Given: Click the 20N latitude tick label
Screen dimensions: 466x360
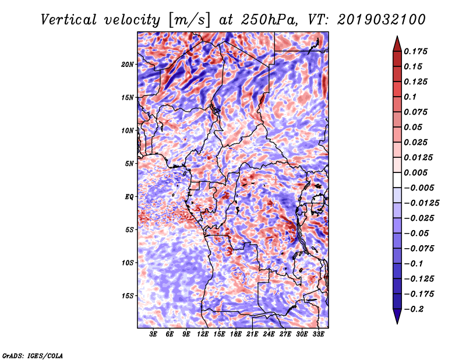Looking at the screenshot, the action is (x=128, y=65).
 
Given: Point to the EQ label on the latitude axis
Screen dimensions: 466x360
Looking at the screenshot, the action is (x=129, y=197).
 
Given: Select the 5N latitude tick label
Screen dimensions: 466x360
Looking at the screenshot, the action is (x=129, y=164).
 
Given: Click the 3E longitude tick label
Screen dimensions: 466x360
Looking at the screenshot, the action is (x=153, y=334).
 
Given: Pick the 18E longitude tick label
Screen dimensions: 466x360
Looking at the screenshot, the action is (x=236, y=334).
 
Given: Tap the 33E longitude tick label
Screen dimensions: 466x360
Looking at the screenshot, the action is (x=318, y=334).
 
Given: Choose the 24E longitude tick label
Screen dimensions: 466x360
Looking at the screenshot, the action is (x=269, y=334).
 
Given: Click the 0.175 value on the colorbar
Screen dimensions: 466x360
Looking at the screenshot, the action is (x=415, y=51).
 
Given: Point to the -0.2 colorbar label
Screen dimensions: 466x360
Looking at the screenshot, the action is (x=414, y=309).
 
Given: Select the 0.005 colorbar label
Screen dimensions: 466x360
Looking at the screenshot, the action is (x=415, y=172).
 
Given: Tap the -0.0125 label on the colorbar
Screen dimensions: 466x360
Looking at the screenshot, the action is (x=421, y=203).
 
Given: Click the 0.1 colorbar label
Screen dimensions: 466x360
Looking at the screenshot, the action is (x=410, y=97).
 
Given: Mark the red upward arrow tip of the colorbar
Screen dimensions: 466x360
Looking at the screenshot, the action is (x=397, y=37).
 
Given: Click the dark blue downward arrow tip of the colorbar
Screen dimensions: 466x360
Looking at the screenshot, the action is (x=397, y=323).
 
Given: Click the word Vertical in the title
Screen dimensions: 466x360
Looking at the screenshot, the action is (x=69, y=20).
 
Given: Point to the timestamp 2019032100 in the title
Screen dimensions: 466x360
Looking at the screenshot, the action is (x=382, y=20).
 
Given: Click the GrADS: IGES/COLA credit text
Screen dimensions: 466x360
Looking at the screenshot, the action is (x=33, y=355).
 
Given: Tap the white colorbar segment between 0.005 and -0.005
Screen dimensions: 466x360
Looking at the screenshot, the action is (x=397, y=180).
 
